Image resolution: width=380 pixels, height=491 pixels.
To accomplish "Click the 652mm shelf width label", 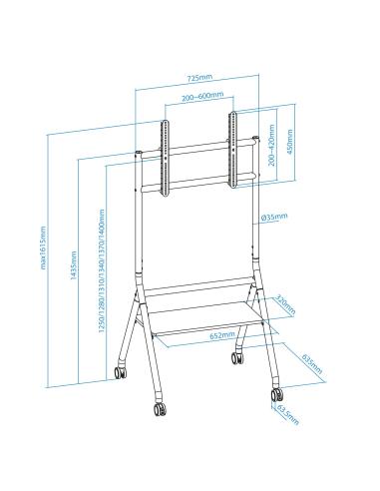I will point(216,336).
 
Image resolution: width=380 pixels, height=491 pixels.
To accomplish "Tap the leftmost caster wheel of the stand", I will point(120,372).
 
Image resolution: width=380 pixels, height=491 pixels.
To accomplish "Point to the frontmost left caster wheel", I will point(159,408).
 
